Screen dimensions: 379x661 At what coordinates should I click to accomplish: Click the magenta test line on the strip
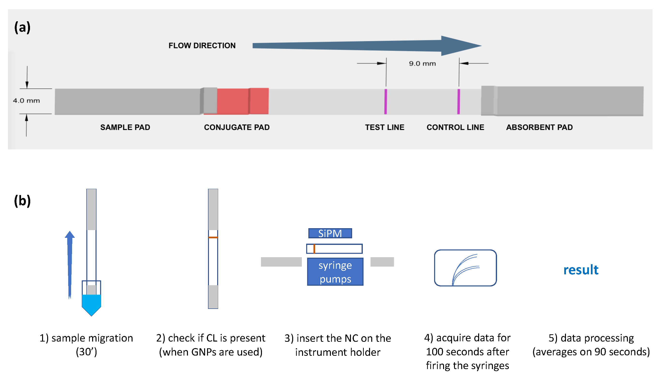[386, 102]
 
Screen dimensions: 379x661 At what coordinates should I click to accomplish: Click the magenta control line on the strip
[458, 102]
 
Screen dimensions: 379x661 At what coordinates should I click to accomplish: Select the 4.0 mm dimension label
[26, 101]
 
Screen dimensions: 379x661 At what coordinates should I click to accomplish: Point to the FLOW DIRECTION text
[202, 45]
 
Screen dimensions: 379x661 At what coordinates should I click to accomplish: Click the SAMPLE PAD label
[125, 127]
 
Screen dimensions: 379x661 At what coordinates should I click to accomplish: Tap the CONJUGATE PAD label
[237, 127]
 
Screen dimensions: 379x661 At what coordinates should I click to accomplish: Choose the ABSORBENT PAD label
[539, 127]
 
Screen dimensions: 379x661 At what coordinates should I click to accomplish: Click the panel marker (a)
[22, 27]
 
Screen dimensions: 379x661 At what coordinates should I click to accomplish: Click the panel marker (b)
[22, 201]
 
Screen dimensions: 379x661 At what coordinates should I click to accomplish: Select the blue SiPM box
[330, 233]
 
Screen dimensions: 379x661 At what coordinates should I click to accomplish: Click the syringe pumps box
[335, 272]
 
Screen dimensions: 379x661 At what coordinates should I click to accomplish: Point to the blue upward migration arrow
[70, 263]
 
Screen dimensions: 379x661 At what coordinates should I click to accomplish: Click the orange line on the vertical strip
[213, 237]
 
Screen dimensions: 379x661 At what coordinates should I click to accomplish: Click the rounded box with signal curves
[465, 268]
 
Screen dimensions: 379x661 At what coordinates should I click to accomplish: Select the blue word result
[580, 270]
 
